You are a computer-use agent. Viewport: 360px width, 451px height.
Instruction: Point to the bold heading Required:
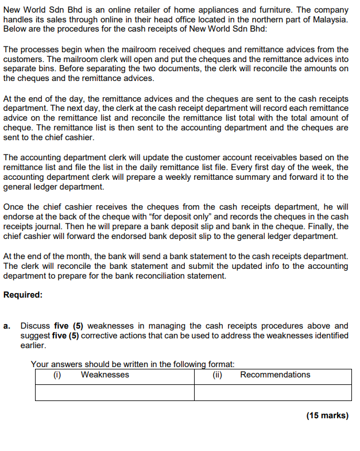click(x=23, y=295)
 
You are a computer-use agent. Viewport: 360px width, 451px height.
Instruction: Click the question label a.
click(x=7, y=326)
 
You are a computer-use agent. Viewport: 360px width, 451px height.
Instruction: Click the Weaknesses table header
click(x=105, y=375)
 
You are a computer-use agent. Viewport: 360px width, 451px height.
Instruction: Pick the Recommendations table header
click(x=275, y=375)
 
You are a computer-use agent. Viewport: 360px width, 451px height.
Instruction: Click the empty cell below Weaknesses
click(x=114, y=392)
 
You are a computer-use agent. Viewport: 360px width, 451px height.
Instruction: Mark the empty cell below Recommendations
click(x=273, y=392)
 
